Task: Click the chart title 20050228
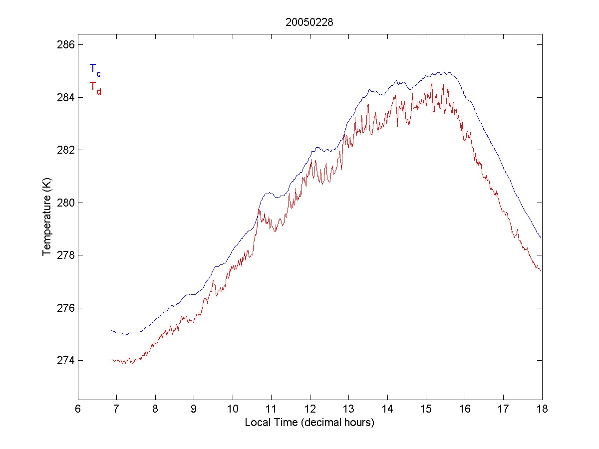tap(309, 22)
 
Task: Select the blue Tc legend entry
tap(95, 70)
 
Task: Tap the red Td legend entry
tap(95, 87)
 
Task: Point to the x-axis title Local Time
tap(309, 423)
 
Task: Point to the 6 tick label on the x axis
tap(78, 409)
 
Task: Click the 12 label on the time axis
tap(310, 409)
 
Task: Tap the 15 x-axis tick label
tap(426, 409)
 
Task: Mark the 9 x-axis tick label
tap(194, 409)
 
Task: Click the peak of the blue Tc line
tap(444, 72)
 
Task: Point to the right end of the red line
tap(541, 271)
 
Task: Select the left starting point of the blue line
tap(112, 330)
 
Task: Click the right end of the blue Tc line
tap(541, 238)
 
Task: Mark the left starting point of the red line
tap(112, 360)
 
